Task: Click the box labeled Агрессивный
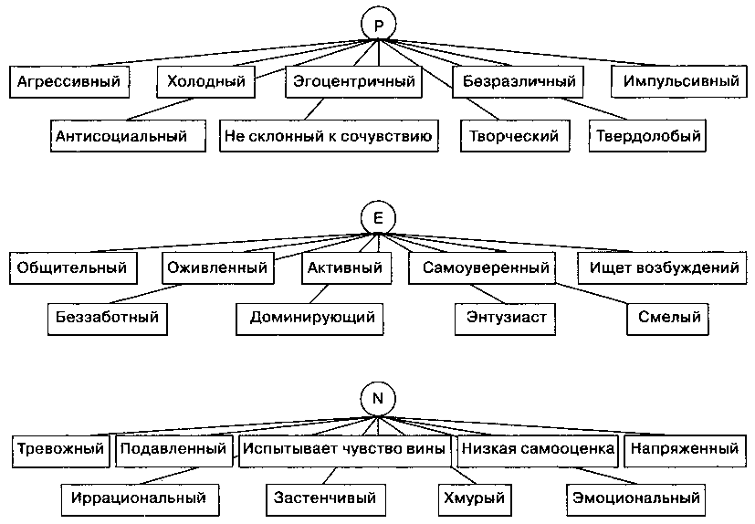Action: (x=68, y=82)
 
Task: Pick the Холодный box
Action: (x=207, y=82)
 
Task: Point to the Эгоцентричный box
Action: (x=354, y=82)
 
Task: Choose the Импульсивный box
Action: (x=676, y=82)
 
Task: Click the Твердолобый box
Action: (x=649, y=136)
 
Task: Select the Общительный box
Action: (x=76, y=268)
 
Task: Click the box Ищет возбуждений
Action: (x=663, y=268)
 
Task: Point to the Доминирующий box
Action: (x=312, y=318)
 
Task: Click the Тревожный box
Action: (x=62, y=449)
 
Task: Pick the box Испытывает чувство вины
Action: (x=344, y=449)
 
